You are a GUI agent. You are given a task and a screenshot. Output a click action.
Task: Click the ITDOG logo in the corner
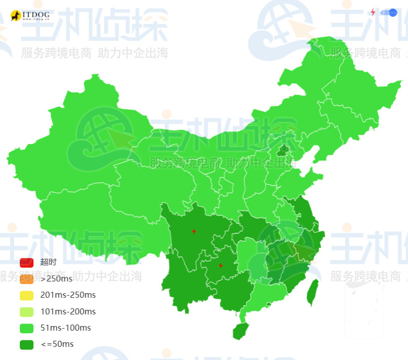[x=30, y=16]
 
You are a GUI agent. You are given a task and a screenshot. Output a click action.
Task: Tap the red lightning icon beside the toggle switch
[x=373, y=12]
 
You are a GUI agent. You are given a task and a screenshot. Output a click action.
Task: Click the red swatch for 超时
[x=26, y=262]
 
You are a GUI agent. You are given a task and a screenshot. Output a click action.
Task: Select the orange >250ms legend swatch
[x=26, y=278]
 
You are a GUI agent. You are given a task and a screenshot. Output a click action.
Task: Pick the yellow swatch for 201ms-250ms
[x=26, y=295]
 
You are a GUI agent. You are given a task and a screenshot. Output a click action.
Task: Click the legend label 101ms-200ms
[x=68, y=311]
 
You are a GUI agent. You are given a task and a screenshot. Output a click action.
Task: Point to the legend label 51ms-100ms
[x=65, y=328]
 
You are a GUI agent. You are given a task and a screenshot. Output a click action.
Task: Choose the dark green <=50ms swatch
[x=26, y=344]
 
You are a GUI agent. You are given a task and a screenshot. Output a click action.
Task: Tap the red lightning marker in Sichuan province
[x=194, y=231]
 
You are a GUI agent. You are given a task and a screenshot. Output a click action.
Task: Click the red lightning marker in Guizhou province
[x=220, y=265]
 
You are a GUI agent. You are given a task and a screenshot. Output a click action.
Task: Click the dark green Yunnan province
[x=185, y=284]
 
